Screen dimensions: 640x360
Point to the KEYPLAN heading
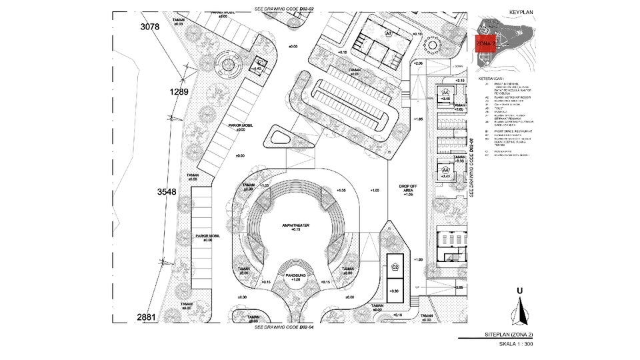click(522, 13)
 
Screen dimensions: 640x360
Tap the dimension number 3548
click(167, 192)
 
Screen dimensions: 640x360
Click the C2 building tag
click(395, 267)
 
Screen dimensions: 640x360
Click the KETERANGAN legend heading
click(493, 79)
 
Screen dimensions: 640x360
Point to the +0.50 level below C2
click(395, 291)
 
